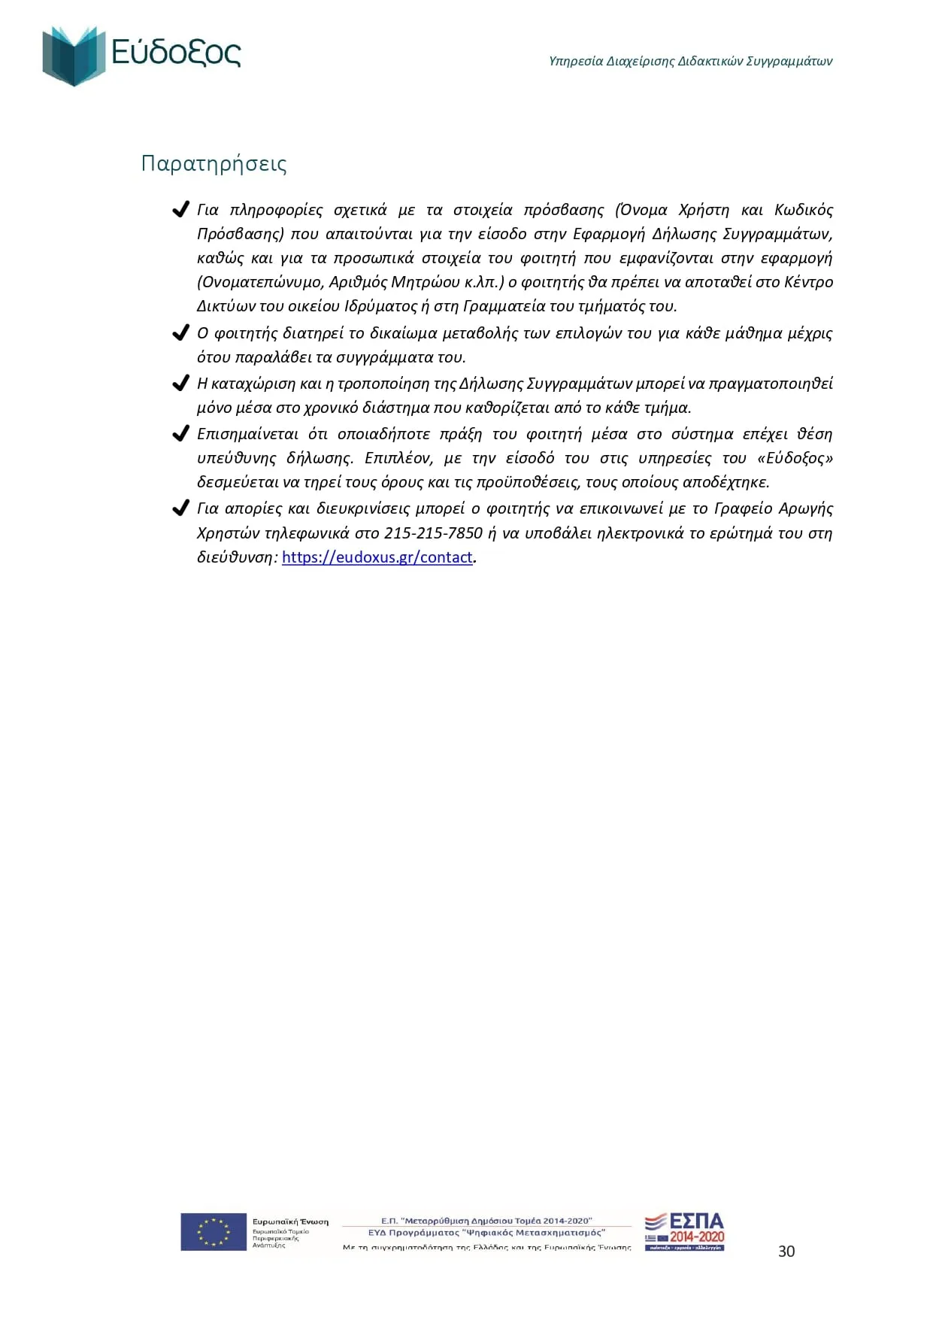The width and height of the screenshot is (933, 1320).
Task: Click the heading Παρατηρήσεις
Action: pyautogui.click(x=214, y=163)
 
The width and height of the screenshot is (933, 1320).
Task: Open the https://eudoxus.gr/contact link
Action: pyautogui.click(x=377, y=557)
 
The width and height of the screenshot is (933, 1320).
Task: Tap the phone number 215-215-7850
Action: pyautogui.click(x=433, y=533)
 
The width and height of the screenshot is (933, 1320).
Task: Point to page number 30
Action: pyautogui.click(x=786, y=1251)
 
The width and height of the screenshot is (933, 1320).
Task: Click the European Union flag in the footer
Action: pyautogui.click(x=214, y=1231)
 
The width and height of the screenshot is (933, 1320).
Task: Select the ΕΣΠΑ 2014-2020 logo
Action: pyautogui.click(x=684, y=1231)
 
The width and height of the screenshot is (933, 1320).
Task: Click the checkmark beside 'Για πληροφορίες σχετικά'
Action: pyautogui.click(x=180, y=210)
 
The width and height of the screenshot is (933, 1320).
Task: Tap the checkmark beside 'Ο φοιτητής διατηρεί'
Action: pyautogui.click(x=180, y=333)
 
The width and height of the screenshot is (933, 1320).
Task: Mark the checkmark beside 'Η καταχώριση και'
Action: pyautogui.click(x=180, y=384)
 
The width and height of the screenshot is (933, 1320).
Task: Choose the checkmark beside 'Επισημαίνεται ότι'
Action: pyautogui.click(x=180, y=434)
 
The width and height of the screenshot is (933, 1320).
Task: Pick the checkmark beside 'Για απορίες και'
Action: pyautogui.click(x=180, y=509)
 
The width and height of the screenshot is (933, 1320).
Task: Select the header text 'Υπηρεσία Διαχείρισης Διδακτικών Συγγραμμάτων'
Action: pyautogui.click(x=690, y=61)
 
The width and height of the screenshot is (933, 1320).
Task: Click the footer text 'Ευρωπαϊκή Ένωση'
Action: pyautogui.click(x=290, y=1221)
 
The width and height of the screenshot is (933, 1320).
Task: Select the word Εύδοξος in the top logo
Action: pyautogui.click(x=176, y=53)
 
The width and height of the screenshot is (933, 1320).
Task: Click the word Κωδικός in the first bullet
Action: pyautogui.click(x=803, y=210)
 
